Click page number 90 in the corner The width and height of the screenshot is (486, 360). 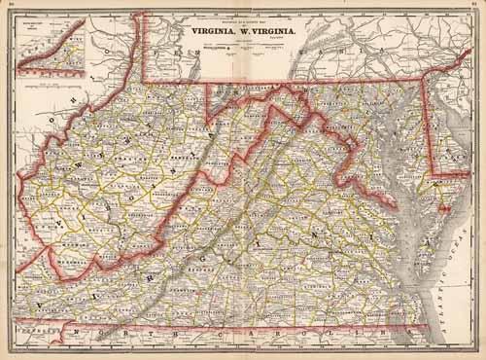[x=8, y=6]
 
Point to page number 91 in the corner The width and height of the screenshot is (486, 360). [x=477, y=6]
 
